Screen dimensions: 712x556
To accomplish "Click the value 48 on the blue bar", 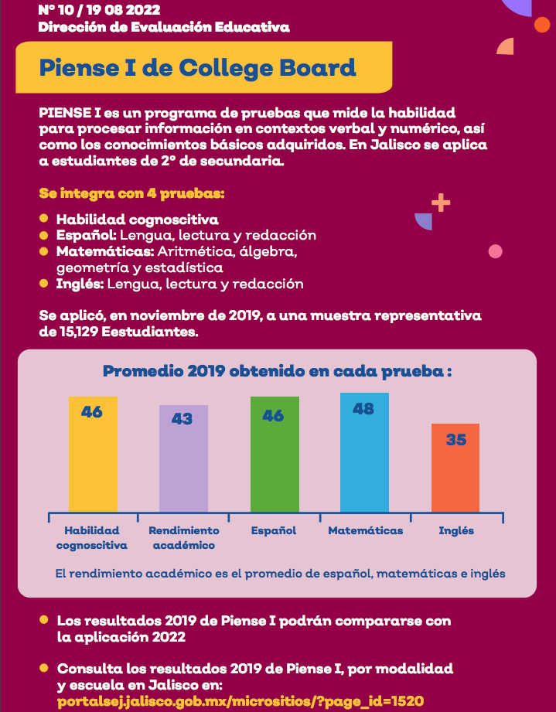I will [x=363, y=408].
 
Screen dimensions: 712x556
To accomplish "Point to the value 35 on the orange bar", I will [x=456, y=440].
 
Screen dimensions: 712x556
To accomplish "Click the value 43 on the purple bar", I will [x=182, y=419].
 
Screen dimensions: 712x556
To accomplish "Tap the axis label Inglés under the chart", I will [x=456, y=531].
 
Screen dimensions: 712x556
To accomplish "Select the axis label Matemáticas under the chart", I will [x=365, y=531].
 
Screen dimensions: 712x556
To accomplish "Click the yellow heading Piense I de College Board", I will [x=197, y=67].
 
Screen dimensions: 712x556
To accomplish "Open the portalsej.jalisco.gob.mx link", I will [x=240, y=701].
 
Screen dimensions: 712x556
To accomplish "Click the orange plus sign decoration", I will [x=441, y=203].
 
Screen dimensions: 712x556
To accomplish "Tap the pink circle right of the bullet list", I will [x=496, y=251].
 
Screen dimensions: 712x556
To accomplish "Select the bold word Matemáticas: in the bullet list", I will [x=105, y=251].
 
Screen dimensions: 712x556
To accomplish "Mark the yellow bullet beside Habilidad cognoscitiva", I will [x=44, y=219].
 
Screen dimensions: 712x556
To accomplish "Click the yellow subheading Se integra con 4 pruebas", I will [x=131, y=192].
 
